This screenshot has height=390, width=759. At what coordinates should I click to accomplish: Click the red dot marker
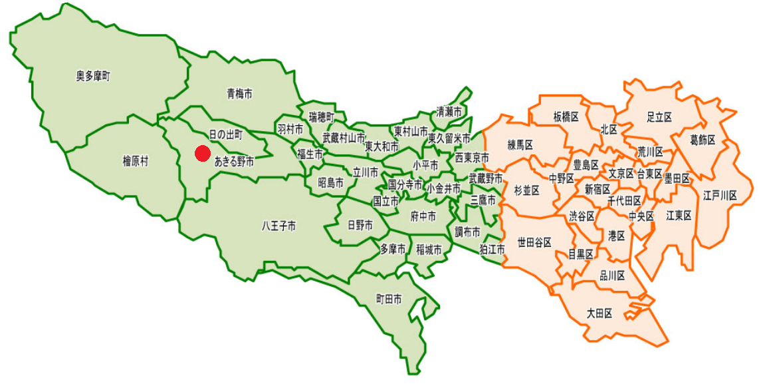coord(203,154)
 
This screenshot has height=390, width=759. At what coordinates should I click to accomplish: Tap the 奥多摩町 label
coord(93,77)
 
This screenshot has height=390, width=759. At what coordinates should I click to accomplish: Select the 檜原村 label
coord(136,160)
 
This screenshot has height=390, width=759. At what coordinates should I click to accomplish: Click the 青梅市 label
coord(239,94)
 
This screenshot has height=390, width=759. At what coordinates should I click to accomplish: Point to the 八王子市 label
coord(278,226)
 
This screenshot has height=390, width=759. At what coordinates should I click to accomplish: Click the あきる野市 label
coord(234,160)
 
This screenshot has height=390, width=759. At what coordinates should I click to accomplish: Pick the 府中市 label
coord(423,216)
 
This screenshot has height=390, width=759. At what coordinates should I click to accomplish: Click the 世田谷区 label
coord(534,242)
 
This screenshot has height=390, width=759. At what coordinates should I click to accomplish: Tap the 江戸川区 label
coord(720,195)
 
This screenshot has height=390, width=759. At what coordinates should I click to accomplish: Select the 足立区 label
coord(659,116)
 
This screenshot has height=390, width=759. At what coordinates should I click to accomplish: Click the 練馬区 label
coord(521,144)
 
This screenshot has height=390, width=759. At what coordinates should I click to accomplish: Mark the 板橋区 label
coord(566,116)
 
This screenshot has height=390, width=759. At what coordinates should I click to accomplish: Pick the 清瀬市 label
coord(449,112)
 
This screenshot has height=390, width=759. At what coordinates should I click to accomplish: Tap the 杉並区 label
coord(526,190)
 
